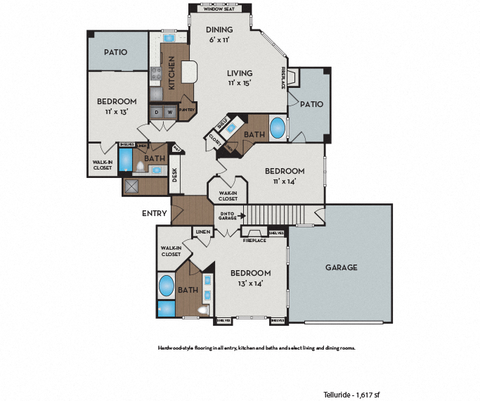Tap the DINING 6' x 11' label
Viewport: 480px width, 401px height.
(219, 34)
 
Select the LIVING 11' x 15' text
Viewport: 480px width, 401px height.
(239, 77)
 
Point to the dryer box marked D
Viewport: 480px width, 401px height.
(156, 111)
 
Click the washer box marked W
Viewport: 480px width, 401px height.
(170, 111)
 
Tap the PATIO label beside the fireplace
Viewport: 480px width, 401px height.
(311, 104)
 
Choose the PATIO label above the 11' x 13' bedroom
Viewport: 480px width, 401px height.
(116, 52)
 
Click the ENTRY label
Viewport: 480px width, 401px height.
(154, 213)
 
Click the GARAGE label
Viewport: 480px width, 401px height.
(341, 267)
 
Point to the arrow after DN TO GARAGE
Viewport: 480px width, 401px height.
(242, 217)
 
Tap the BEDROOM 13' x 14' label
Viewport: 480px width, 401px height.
(251, 278)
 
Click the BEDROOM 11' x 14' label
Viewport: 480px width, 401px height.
(285, 176)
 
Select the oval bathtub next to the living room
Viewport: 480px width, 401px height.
(278, 129)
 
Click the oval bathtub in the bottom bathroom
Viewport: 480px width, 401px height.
(167, 286)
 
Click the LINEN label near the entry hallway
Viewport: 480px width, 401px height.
(203, 231)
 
